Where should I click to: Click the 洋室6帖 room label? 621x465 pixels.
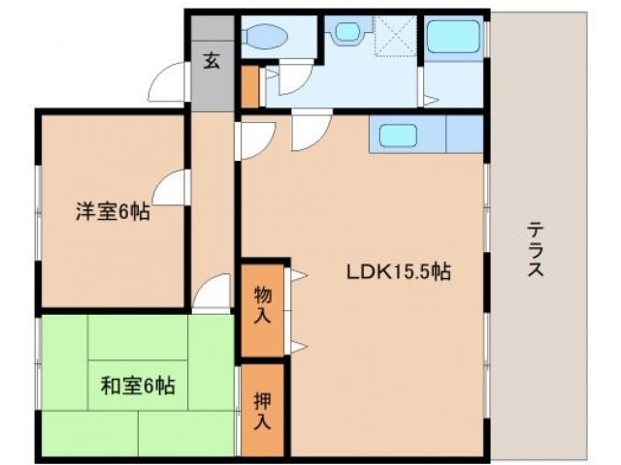[113, 212]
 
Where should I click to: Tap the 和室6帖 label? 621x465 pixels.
[138, 387]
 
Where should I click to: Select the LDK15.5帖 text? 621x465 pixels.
[398, 272]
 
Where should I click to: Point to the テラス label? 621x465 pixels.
[535, 251]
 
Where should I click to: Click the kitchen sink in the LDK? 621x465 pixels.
[395, 135]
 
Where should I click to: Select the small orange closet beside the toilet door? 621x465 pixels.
[250, 85]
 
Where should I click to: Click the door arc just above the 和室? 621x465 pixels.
[212, 292]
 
